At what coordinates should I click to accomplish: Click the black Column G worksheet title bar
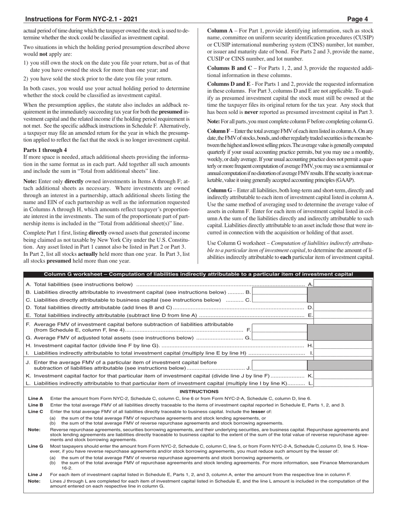[x=198, y=274]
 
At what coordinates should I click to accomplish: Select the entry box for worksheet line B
[x=280, y=292]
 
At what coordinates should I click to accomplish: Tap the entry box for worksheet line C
[x=280, y=300]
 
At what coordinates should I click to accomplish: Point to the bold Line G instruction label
[x=36, y=446]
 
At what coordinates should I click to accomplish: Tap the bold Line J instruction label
[x=36, y=474]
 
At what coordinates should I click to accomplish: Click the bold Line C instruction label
[x=36, y=412]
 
